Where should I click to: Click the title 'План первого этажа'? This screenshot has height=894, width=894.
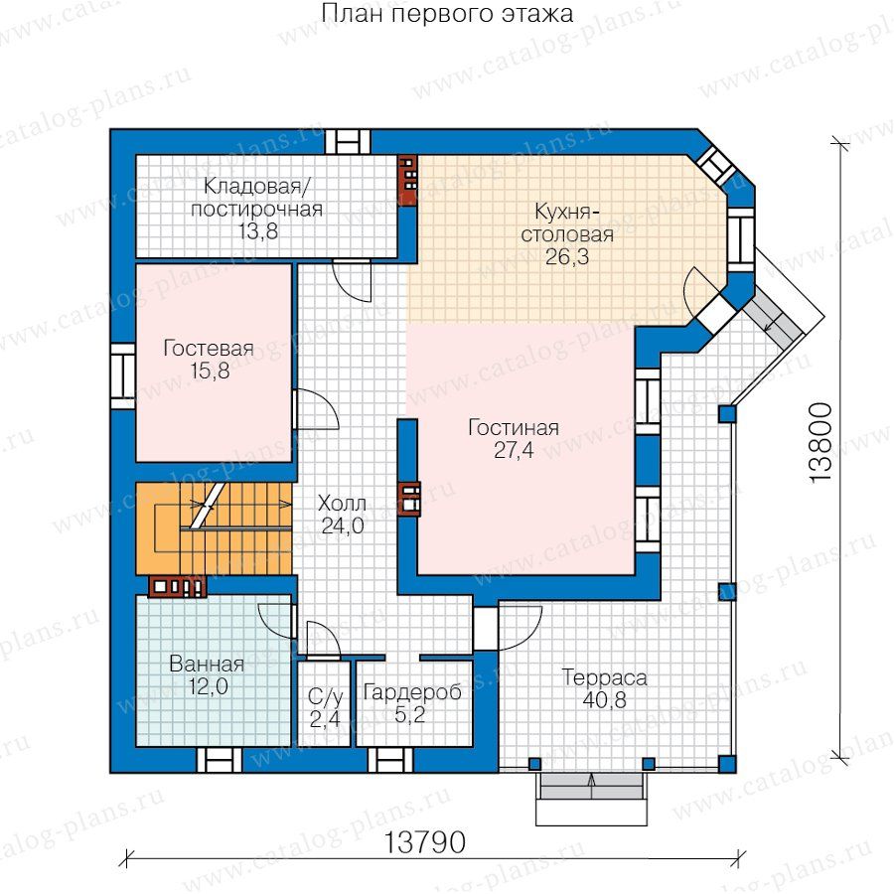[x=447, y=14]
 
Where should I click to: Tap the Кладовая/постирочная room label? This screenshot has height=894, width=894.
[x=256, y=198]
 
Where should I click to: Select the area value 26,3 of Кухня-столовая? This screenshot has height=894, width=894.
[x=567, y=256]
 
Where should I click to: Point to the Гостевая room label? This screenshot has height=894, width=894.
[x=209, y=348]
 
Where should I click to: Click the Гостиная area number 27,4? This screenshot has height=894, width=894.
[x=514, y=450]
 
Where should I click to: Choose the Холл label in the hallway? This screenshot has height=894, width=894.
[x=342, y=504]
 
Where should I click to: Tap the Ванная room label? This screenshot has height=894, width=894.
[x=207, y=665]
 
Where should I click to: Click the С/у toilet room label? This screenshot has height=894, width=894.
[x=326, y=696]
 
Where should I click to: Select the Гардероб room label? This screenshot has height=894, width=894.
[x=412, y=692]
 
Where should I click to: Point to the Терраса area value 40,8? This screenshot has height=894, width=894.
[x=604, y=700]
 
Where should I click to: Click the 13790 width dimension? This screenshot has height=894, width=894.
[x=425, y=842]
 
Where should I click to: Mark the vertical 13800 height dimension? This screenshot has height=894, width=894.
[x=821, y=443]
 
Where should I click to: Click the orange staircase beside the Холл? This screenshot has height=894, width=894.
[x=214, y=528]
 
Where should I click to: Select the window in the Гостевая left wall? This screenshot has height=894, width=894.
[x=122, y=375]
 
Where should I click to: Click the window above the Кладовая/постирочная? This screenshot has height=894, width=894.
[x=348, y=141]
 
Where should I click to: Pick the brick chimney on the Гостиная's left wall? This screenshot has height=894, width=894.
[x=409, y=500]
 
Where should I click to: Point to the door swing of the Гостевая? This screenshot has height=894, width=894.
[x=317, y=409]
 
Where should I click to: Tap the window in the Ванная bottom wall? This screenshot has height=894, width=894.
[x=220, y=760]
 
